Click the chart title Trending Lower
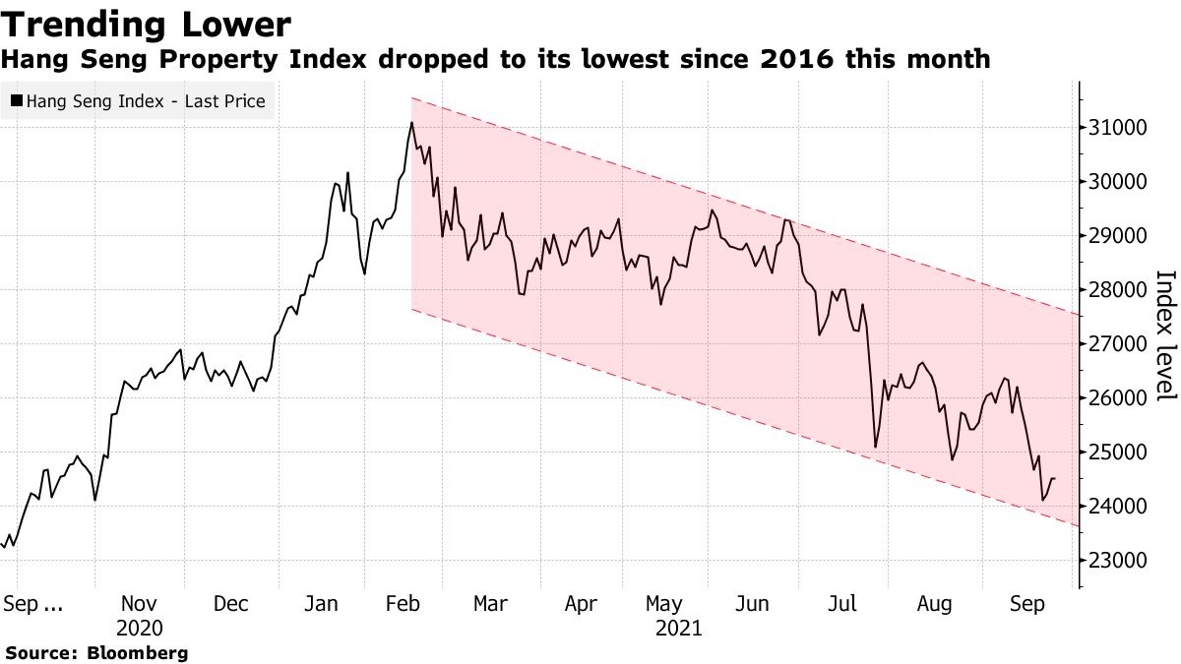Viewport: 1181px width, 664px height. coord(147,25)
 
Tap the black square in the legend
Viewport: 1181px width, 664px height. coord(16,100)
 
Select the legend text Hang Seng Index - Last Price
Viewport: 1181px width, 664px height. coord(146,100)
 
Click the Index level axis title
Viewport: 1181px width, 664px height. coord(1165,334)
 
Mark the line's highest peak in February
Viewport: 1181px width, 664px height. coord(411,123)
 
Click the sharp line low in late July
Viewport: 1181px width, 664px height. coord(875,447)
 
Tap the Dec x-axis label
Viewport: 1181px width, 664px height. coord(231,604)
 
